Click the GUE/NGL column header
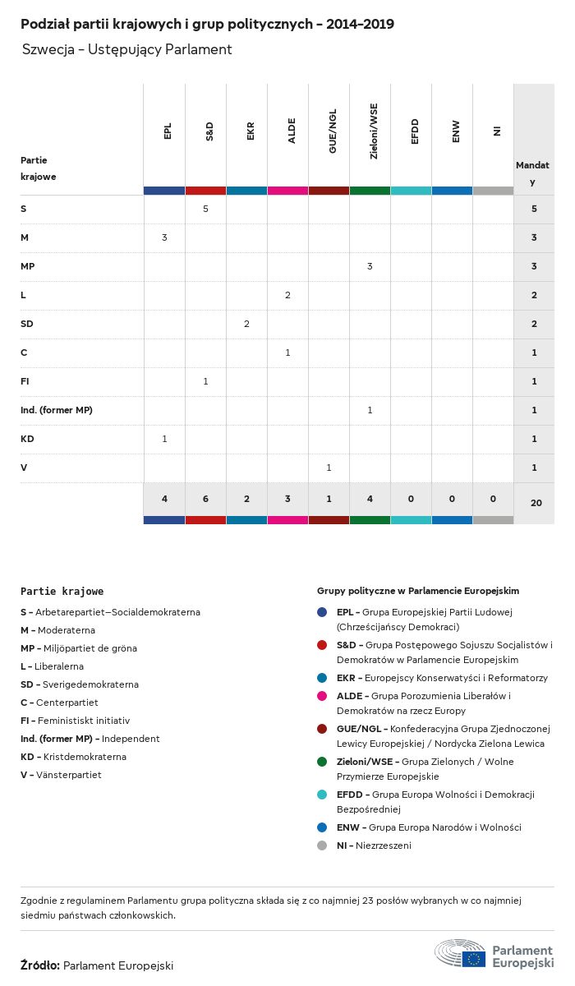pyautogui.click(x=332, y=136)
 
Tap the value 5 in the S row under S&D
pyautogui.click(x=205, y=209)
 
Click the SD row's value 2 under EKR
pyautogui.click(x=246, y=324)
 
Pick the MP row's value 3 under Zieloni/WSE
pyautogui.click(x=370, y=266)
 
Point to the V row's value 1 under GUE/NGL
pyautogui.click(x=329, y=468)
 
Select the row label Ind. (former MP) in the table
pyautogui.click(x=56, y=410)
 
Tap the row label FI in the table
pyautogui.click(x=25, y=381)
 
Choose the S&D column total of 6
pyautogui.click(x=205, y=499)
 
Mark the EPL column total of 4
pyautogui.click(x=164, y=499)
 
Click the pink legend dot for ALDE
pyautogui.click(x=322, y=696)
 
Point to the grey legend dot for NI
pyautogui.click(x=322, y=845)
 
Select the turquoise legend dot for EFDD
pyautogui.click(x=322, y=795)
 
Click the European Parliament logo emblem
pyautogui.click(x=460, y=954)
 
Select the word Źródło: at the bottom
pyautogui.click(x=40, y=966)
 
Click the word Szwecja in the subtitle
pyautogui.click(x=45, y=49)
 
